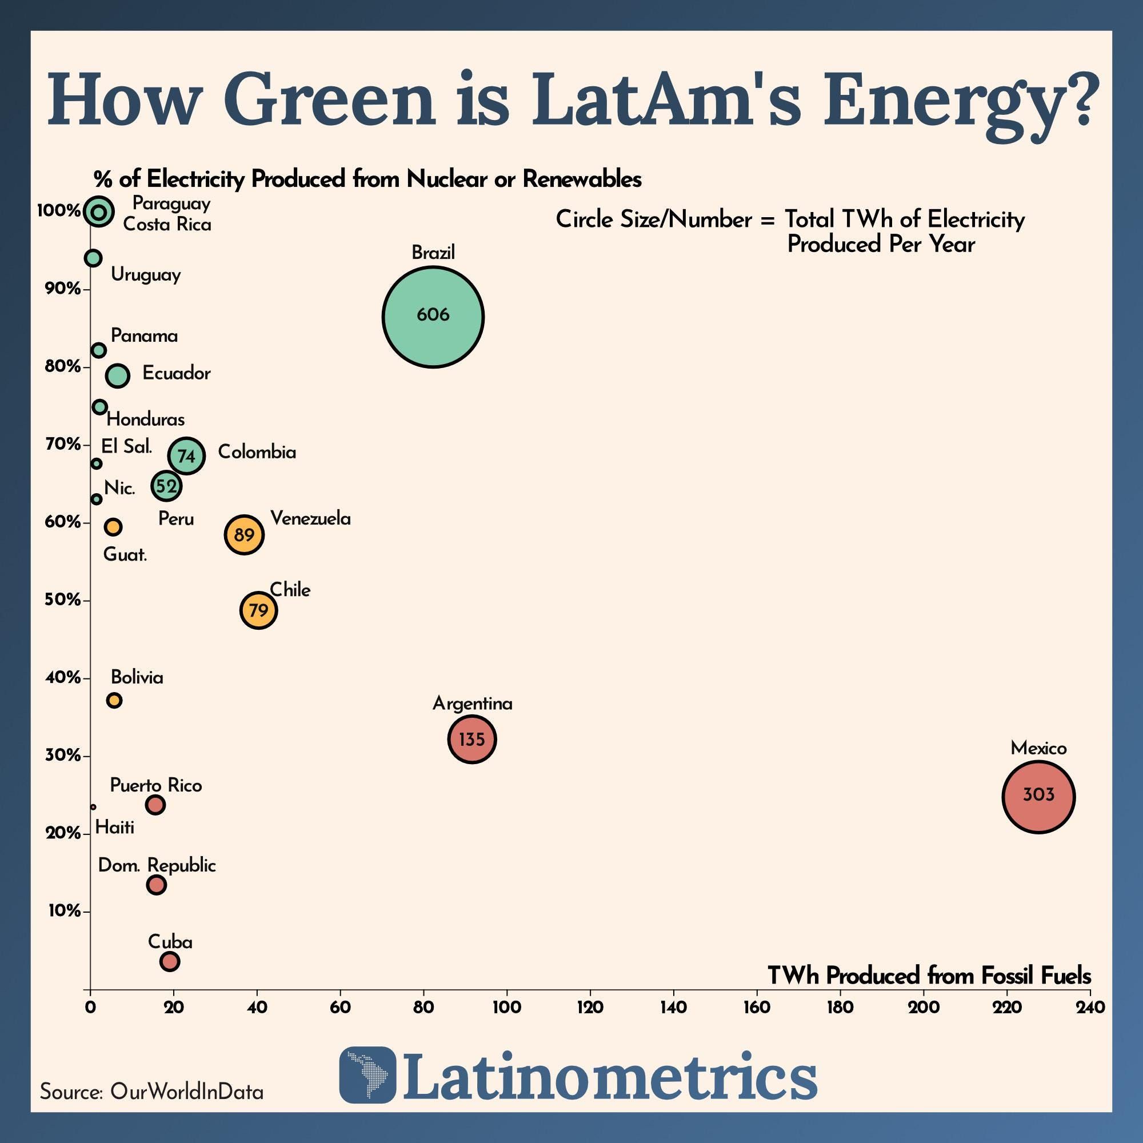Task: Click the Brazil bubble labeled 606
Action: pyautogui.click(x=433, y=317)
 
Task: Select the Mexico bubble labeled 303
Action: pyautogui.click(x=1038, y=797)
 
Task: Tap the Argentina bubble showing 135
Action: pyautogui.click(x=471, y=739)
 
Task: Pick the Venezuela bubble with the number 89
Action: pyautogui.click(x=244, y=534)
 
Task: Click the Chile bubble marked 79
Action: pyautogui.click(x=258, y=610)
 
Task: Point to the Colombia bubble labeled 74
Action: pyautogui.click(x=186, y=455)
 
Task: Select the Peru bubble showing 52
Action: pyautogui.click(x=166, y=486)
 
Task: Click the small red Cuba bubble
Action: pyautogui.click(x=170, y=961)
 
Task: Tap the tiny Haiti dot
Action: pyautogui.click(x=93, y=807)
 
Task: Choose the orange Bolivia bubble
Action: pyautogui.click(x=114, y=701)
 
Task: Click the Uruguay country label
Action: pyautogui.click(x=146, y=275)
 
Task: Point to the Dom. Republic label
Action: pyautogui.click(x=157, y=865)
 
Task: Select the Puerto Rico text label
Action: pyautogui.click(x=156, y=786)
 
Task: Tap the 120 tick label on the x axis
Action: pyautogui.click(x=590, y=1008)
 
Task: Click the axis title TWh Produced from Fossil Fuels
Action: pyautogui.click(x=929, y=976)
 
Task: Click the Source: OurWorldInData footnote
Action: pyautogui.click(x=151, y=1092)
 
